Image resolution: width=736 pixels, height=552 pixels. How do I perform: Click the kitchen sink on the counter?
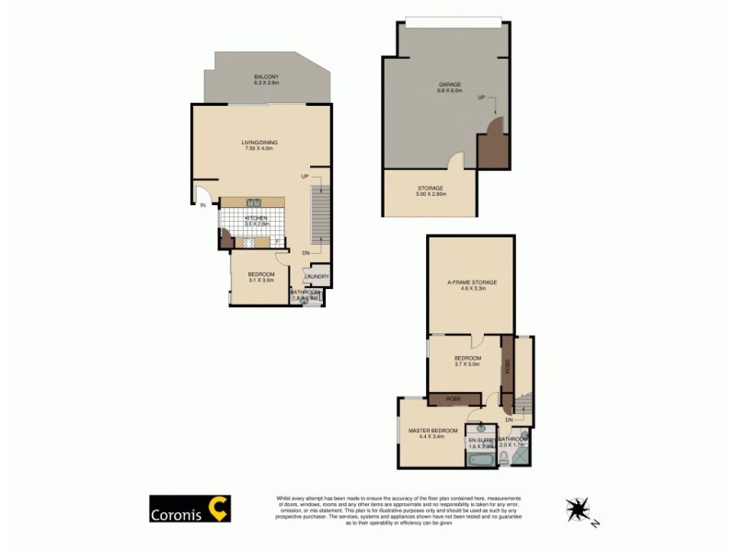click(x=255, y=202)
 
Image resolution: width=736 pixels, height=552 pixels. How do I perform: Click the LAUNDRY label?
click(x=316, y=277)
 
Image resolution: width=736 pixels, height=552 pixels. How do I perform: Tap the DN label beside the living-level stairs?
click(x=306, y=253)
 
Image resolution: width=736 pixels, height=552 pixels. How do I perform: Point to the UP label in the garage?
click(x=481, y=98)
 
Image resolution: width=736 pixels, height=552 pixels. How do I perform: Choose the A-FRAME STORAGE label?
click(x=471, y=285)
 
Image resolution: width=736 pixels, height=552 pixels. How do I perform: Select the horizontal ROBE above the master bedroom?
click(x=454, y=398)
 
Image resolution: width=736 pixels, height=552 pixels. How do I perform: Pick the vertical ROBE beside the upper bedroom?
click(x=506, y=365)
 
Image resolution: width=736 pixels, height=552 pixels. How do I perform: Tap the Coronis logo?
click(x=190, y=508)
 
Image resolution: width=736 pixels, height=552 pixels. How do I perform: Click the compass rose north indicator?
click(x=580, y=509)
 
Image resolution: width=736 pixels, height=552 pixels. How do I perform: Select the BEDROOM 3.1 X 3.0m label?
click(x=261, y=277)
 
